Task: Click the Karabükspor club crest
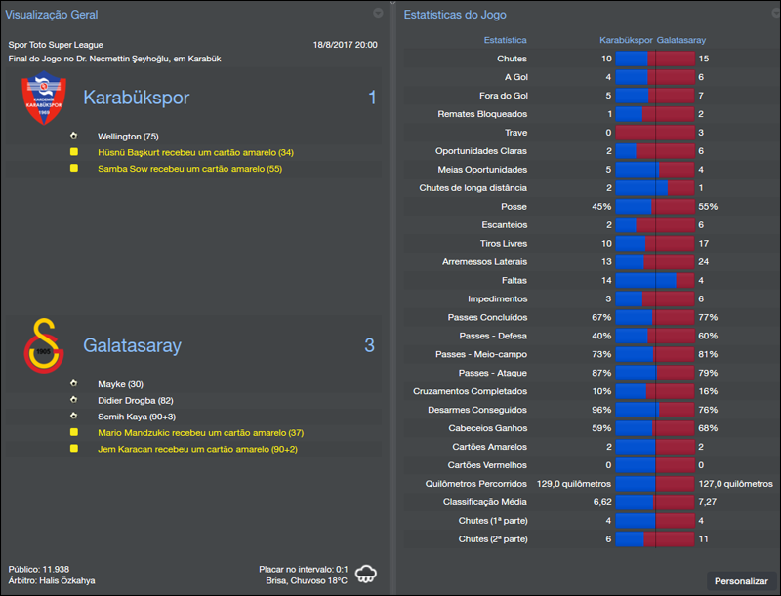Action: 43,99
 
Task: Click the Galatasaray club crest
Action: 43,346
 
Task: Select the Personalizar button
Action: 741,581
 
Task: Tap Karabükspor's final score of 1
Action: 371,98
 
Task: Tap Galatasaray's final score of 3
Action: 370,345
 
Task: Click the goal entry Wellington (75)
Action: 128,137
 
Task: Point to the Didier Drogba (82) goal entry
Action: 137,401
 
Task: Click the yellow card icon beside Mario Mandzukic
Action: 73,432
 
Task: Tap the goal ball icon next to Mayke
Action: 73,384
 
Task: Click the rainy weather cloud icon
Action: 367,573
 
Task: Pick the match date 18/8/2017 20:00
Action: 345,45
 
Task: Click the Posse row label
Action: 514,207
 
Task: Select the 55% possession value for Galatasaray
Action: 708,207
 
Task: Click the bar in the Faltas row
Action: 654,281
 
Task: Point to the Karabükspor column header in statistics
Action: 626,41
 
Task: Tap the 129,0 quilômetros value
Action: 574,484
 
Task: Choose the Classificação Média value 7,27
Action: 710,502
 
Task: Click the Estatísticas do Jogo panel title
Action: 455,15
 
